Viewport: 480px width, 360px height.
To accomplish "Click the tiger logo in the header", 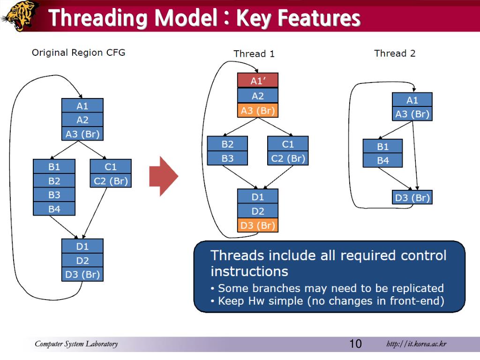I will [20, 15].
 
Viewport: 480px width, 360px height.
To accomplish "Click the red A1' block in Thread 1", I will [258, 81].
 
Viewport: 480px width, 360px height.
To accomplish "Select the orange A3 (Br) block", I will [258, 110].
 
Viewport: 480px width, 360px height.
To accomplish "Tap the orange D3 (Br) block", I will [258, 225].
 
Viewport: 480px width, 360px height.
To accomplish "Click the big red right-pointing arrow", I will [164, 177].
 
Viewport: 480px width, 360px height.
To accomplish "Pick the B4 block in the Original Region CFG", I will [54, 209].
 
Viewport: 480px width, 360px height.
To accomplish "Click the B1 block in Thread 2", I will [382, 146].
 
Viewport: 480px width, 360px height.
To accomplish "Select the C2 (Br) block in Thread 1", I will [288, 158].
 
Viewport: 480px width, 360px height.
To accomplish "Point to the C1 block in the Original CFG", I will [111, 166].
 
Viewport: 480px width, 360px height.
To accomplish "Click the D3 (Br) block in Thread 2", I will [412, 197].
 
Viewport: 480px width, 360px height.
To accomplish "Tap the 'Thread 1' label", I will [254, 54].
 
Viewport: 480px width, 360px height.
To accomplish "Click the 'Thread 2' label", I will [395, 53].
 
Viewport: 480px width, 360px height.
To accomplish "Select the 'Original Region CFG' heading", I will [78, 52].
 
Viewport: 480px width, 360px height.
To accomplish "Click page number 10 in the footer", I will [355, 344].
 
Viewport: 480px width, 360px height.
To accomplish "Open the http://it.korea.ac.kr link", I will [416, 344].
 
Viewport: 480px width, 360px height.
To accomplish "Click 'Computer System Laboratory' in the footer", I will [76, 344].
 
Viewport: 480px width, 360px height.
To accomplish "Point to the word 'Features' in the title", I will [319, 19].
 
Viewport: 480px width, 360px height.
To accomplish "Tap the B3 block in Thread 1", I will [227, 158].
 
